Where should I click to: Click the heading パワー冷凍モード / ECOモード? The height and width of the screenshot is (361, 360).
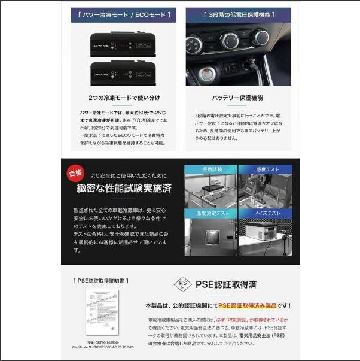tap(121, 14)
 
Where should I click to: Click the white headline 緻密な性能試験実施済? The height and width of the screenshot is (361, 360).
tap(123, 189)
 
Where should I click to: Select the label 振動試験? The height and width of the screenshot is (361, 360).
tap(211, 170)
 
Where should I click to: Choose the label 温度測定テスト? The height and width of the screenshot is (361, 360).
tap(210, 213)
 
